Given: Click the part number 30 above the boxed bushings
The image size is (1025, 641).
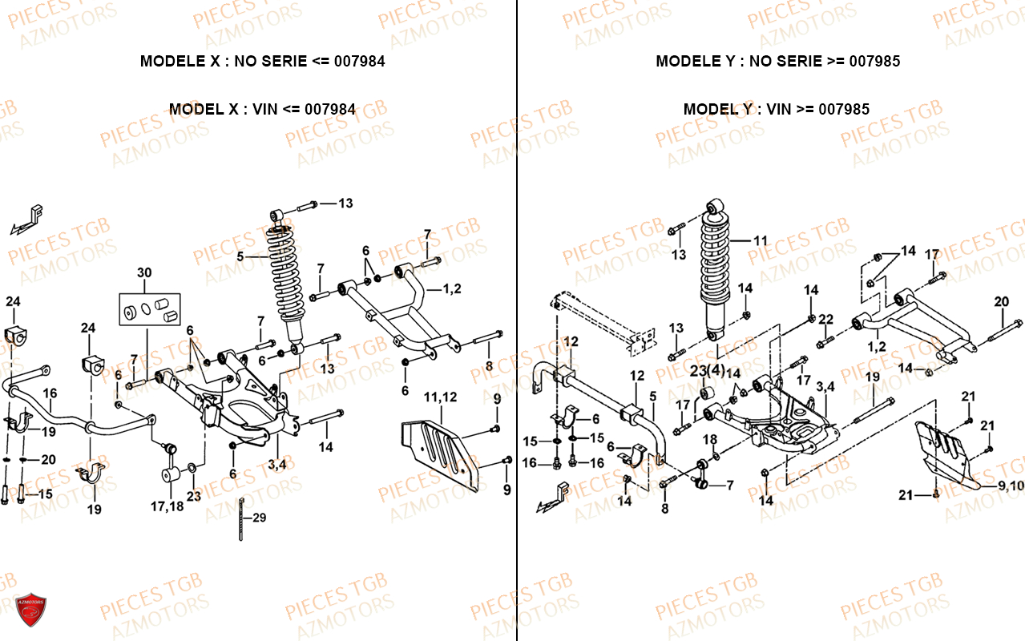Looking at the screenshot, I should point(143,272).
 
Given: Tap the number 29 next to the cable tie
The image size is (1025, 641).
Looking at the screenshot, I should point(259,518).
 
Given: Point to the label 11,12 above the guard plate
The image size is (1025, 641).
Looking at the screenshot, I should point(440,397).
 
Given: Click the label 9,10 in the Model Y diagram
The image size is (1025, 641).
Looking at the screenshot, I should point(1011,486).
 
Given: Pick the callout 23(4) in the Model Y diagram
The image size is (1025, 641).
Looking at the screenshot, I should point(706,370).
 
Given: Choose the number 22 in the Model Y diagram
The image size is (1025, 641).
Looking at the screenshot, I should point(826,320).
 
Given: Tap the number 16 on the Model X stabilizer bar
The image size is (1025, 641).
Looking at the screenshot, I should point(50,393).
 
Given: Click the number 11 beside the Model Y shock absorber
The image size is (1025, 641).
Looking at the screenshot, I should point(761,240).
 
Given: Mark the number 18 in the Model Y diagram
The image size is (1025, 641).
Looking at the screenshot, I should point(710,438).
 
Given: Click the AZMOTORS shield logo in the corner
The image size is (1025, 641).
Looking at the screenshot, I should point(32,615).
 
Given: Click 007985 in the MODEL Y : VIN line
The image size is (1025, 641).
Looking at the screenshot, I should point(844,110).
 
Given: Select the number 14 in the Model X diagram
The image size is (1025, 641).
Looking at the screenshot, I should point(325,447).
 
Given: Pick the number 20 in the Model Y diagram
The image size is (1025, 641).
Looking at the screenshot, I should point(1002,301).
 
